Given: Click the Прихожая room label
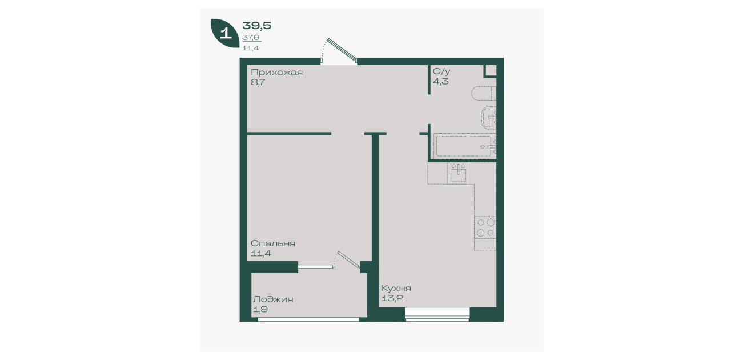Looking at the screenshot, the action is [276, 73].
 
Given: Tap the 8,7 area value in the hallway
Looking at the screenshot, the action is [258, 82].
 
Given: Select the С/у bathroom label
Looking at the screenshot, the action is [441, 71].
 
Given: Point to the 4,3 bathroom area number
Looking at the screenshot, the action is [440, 81].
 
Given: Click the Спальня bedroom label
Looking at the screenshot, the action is [272, 243].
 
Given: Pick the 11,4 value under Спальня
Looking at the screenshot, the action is [261, 254].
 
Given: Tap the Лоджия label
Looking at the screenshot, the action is [272, 299].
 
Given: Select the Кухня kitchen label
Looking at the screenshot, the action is [396, 288].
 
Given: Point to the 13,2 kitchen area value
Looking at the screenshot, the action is [392, 298].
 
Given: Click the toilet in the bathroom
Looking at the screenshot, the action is [484, 93].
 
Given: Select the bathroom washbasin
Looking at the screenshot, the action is [489, 118].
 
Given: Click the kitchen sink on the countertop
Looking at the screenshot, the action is [459, 173].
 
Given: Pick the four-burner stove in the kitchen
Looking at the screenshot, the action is [485, 227].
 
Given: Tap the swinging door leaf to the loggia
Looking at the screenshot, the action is [348, 259].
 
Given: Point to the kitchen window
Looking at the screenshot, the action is [437, 314].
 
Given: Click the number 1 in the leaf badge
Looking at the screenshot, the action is [226, 34].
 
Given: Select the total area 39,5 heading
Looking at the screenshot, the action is [257, 26].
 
